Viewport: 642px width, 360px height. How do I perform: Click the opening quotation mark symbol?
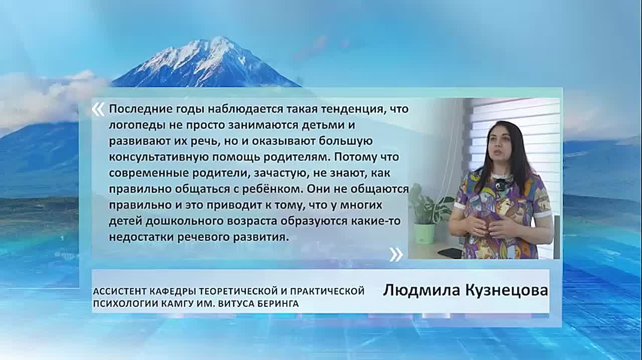(x=98, y=110)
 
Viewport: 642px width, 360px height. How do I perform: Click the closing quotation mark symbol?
(x=396, y=255)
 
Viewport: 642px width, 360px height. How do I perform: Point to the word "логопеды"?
(x=131, y=125)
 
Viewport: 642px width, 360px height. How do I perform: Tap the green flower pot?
(x=424, y=234)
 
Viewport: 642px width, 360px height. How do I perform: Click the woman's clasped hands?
(x=483, y=228)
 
